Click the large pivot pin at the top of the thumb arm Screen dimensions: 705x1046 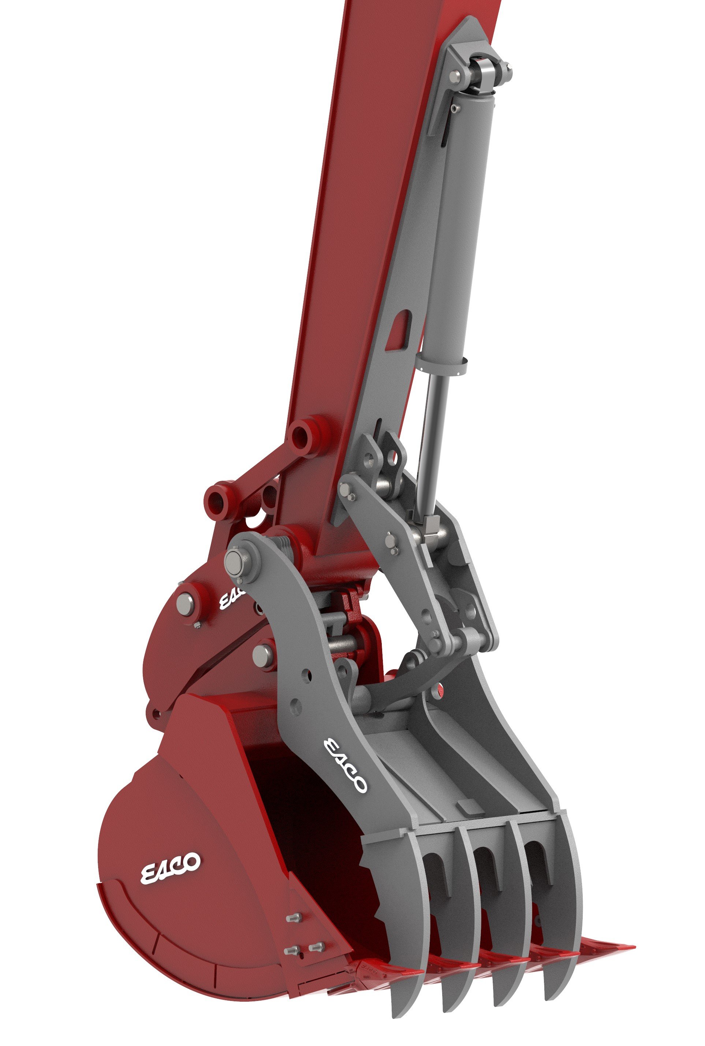(234, 561)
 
